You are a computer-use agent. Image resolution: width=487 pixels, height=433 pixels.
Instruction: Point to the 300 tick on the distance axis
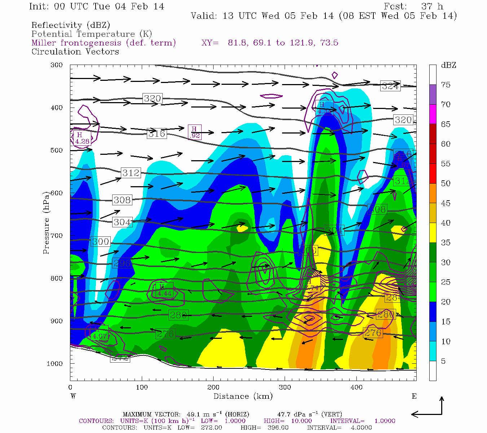(x=285, y=388)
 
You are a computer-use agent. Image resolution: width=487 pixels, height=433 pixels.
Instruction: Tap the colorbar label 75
(x=446, y=85)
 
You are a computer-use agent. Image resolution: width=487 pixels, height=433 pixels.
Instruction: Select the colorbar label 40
(x=446, y=223)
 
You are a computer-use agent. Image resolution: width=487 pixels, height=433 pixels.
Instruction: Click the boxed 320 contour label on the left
(x=152, y=99)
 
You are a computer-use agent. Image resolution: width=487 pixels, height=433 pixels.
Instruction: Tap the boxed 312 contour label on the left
(x=131, y=173)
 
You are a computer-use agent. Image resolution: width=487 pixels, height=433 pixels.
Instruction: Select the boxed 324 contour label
(x=390, y=86)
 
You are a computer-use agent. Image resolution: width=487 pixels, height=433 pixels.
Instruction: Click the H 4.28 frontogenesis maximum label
(x=82, y=138)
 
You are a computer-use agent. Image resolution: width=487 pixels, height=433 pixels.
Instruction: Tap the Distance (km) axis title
(x=243, y=396)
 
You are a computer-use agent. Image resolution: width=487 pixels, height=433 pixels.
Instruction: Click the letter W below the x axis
(x=73, y=396)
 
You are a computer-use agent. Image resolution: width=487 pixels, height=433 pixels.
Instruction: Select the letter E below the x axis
(x=414, y=396)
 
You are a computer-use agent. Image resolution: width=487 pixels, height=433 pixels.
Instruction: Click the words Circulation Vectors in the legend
(x=75, y=52)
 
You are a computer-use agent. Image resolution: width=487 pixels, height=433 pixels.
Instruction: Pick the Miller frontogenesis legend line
(x=104, y=43)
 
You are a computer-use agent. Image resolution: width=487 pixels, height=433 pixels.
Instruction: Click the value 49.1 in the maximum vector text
(x=193, y=414)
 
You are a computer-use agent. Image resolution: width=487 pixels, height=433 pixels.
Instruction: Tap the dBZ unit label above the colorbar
(x=448, y=65)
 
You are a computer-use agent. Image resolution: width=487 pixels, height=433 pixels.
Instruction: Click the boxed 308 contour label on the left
(x=122, y=200)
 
